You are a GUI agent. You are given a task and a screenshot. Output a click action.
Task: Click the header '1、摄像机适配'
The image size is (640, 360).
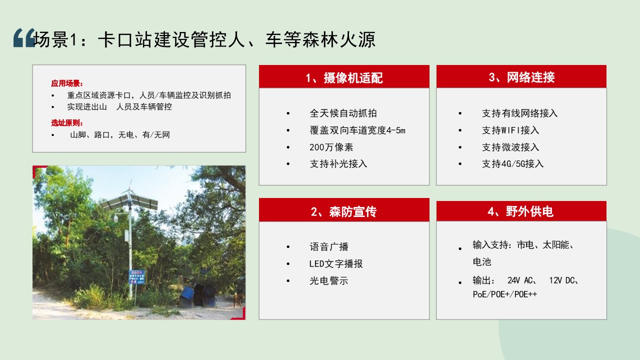(x=344, y=77)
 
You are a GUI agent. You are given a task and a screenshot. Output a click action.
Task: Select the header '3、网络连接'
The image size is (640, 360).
(x=521, y=77)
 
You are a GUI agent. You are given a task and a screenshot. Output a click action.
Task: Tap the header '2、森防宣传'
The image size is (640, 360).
(x=343, y=211)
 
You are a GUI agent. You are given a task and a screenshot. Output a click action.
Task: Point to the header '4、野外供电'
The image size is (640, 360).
(x=520, y=211)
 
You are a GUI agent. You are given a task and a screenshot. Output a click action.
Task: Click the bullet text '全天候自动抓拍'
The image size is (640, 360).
(x=343, y=113)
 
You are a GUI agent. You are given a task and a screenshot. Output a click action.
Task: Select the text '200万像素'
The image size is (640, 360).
(x=331, y=147)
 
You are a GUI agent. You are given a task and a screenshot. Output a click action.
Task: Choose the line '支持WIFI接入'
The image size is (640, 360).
(x=510, y=130)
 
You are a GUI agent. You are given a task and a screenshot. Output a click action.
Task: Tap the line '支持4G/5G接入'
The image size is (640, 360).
(x=513, y=163)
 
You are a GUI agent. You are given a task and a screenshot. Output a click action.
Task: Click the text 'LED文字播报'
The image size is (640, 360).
(x=336, y=263)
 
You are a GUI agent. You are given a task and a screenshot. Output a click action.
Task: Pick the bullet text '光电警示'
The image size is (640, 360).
(x=329, y=281)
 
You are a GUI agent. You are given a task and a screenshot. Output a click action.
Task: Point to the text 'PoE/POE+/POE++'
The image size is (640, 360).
(x=505, y=294)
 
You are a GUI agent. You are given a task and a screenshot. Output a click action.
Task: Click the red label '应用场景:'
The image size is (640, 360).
(x=67, y=83)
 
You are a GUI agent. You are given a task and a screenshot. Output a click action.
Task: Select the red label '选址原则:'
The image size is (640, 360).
(x=67, y=123)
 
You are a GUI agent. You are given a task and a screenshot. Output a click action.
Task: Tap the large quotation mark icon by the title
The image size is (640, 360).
(x=24, y=37)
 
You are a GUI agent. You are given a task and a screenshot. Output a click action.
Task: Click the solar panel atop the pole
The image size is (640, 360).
(x=129, y=202)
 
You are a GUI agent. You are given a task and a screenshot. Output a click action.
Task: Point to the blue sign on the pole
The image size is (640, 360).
(x=137, y=277)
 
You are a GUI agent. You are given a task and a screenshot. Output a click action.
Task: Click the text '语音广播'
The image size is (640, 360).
(x=329, y=246)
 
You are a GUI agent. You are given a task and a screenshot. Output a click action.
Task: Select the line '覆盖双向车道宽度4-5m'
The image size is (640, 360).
(x=357, y=130)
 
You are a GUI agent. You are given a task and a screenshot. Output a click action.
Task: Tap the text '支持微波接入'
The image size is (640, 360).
(x=510, y=147)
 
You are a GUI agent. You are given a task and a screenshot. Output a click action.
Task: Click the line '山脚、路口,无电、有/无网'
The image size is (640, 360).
(x=120, y=134)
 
